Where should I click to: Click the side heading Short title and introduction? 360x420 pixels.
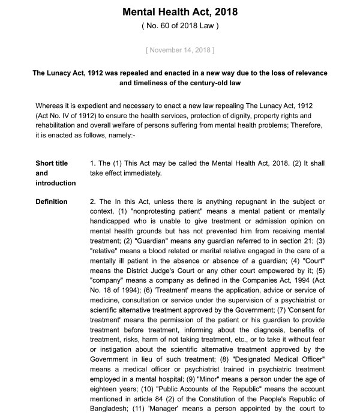[x=56, y=173]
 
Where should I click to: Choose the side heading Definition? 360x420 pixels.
[x=52, y=202]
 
